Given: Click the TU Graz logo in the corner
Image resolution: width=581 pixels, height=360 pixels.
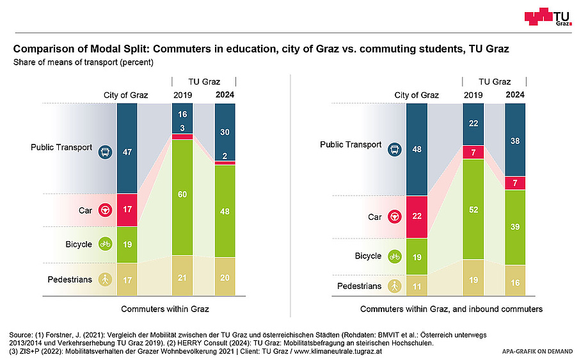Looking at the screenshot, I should click(548, 17).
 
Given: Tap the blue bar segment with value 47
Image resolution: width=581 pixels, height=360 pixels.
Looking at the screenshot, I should click(127, 152).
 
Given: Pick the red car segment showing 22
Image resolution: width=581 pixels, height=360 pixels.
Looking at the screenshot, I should click(417, 217).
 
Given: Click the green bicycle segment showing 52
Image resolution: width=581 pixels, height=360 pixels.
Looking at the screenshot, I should click(473, 209).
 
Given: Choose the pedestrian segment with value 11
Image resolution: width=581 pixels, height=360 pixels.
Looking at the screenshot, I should click(417, 286).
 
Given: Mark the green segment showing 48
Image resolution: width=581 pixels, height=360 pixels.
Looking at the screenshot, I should click(225, 211).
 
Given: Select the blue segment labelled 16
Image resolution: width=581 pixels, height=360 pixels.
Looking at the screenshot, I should click(182, 115).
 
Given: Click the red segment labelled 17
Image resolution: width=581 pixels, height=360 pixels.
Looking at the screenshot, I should click(127, 210).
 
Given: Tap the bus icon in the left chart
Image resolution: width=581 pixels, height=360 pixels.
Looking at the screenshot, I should click(104, 152).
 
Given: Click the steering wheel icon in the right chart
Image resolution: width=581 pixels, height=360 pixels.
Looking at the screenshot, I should click(394, 217).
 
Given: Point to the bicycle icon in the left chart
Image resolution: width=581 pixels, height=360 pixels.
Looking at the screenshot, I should click(104, 244).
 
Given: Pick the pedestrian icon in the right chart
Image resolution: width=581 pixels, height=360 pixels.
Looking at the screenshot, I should click(394, 286).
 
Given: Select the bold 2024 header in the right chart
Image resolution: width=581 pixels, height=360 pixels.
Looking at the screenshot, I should click(515, 95).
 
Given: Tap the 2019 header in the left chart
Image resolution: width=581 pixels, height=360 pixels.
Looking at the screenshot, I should click(182, 95).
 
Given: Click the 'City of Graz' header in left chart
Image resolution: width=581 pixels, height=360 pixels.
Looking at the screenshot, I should click(126, 95).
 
